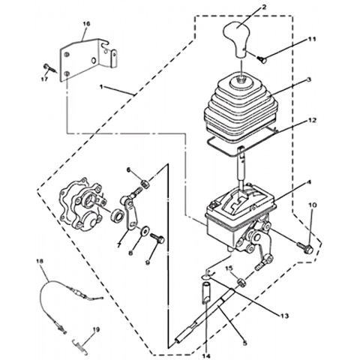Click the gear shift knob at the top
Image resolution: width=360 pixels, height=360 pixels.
pyautogui.click(x=237, y=40)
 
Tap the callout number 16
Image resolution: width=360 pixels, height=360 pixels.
pyautogui.click(x=86, y=24)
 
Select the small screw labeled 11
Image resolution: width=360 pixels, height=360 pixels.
pyautogui.click(x=262, y=58)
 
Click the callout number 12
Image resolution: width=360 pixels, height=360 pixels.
pyautogui.click(x=312, y=121)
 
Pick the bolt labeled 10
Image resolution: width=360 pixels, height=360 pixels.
pyautogui.click(x=304, y=247)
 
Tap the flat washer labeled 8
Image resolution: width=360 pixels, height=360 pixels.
pyautogui.click(x=145, y=230)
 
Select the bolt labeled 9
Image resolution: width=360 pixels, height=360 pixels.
pyautogui.click(x=157, y=238)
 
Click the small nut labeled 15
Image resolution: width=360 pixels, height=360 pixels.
pyautogui.click(x=241, y=283)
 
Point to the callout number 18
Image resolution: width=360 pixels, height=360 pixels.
pyautogui.click(x=40, y=261)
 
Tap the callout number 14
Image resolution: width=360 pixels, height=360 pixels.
pyautogui.click(x=206, y=355)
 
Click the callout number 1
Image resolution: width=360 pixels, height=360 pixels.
pyautogui.click(x=101, y=87)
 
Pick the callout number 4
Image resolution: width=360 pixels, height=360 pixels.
pyautogui.click(x=309, y=182)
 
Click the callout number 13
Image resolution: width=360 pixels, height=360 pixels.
pyautogui.click(x=285, y=316)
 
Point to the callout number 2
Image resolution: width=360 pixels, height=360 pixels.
pyautogui.click(x=264, y=7)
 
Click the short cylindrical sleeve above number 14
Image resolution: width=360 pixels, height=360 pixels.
pyautogui.click(x=206, y=292)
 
